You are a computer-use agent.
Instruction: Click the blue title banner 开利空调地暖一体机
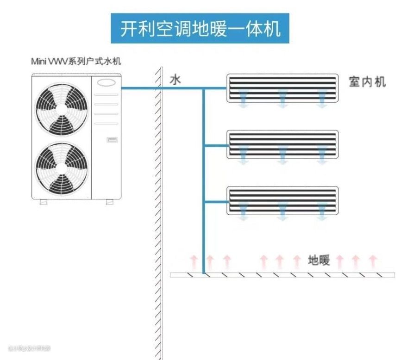pyautogui.click(x=200, y=29)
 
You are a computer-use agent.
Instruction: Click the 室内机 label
pyautogui.click(x=367, y=83)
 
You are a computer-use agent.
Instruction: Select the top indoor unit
pyautogui.click(x=282, y=87)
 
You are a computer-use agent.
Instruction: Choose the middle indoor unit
pyautogui.click(x=282, y=143)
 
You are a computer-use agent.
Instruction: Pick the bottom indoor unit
pyautogui.click(x=282, y=199)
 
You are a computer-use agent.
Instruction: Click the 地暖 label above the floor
pyautogui.click(x=319, y=261)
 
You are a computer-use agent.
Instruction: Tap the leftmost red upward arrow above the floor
pyautogui.click(x=194, y=262)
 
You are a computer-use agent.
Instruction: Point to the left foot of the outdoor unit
pyautogui.click(x=43, y=202)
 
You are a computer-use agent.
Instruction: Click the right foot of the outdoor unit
pyautogui.click(x=109, y=202)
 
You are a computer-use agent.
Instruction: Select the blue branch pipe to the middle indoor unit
pyautogui.click(x=215, y=146)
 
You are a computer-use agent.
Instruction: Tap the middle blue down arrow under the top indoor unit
pyautogui.click(x=282, y=99)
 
